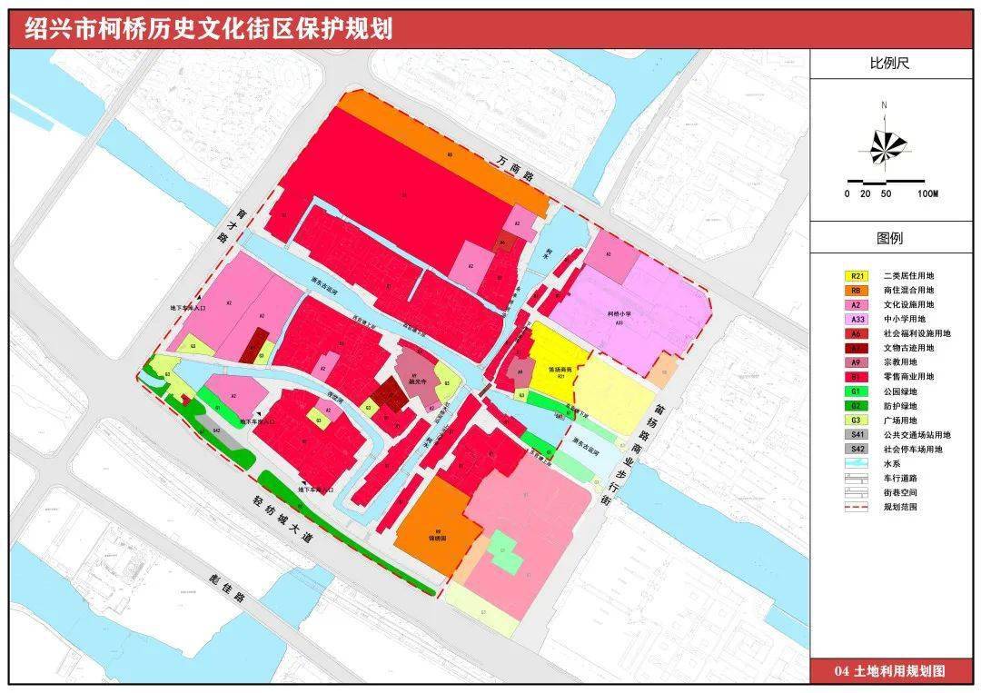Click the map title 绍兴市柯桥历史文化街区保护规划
(209, 28)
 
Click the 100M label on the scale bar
(927, 193)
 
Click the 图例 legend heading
(889, 238)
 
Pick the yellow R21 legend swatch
(857, 276)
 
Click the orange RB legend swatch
(857, 291)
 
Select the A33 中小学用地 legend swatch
(857, 320)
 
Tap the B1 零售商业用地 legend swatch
(857, 377)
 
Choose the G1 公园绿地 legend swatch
(857, 391)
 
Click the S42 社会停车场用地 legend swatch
(857, 449)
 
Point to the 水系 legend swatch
(857, 463)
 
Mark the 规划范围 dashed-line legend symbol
(857, 507)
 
